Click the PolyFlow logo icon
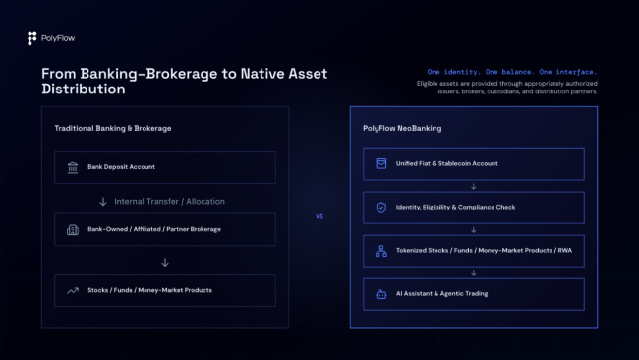pos(31,38)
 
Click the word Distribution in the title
pos(84,89)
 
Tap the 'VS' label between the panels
pos(319,216)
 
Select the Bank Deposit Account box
pos(165,167)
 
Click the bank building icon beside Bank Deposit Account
pos(73,167)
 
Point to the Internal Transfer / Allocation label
pos(169,201)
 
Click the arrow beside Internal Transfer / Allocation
pos(103,202)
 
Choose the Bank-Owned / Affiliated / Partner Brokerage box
pos(165,229)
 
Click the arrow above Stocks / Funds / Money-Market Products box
pos(165,262)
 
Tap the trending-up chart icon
pos(73,291)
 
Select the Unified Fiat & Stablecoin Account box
pos(474,164)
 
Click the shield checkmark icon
pos(381,208)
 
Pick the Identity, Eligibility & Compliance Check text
pos(455,208)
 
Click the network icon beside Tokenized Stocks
pos(381,251)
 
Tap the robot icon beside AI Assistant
pos(381,294)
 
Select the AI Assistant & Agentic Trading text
pos(441,293)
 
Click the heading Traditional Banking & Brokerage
pos(113,128)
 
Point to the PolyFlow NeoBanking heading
pos(402,128)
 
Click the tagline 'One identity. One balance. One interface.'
pos(512,72)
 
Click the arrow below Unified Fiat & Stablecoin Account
pos(474,186)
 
